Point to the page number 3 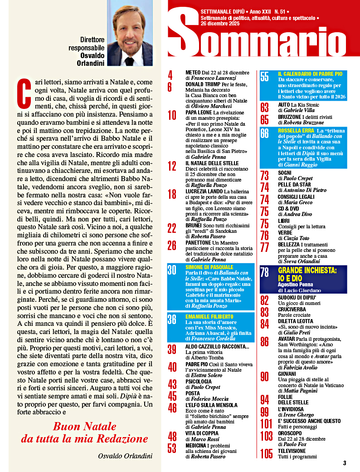click(x=345, y=463)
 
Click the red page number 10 click(x=172, y=115)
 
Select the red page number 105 click(x=267, y=453)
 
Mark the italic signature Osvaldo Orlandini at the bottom click(x=125, y=456)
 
